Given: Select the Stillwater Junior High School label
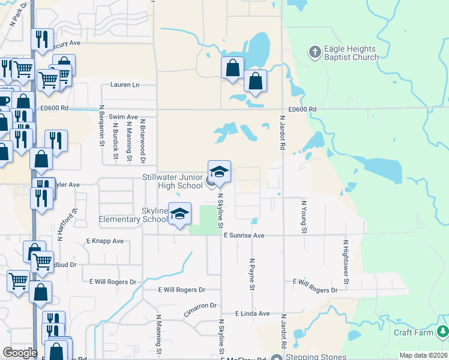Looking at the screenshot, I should tap(173, 181).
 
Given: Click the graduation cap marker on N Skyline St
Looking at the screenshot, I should tap(220, 172).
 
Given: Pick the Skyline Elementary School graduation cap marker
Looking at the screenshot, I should tap(179, 215).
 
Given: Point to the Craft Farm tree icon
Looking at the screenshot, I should tap(442, 331).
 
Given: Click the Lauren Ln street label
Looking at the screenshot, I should tap(124, 85).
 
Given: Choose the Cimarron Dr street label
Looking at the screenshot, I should tap(200, 306).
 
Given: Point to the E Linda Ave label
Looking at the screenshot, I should tap(253, 313).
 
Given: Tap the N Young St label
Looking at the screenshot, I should tap(304, 217).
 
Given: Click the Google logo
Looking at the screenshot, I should tap(20, 353).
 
